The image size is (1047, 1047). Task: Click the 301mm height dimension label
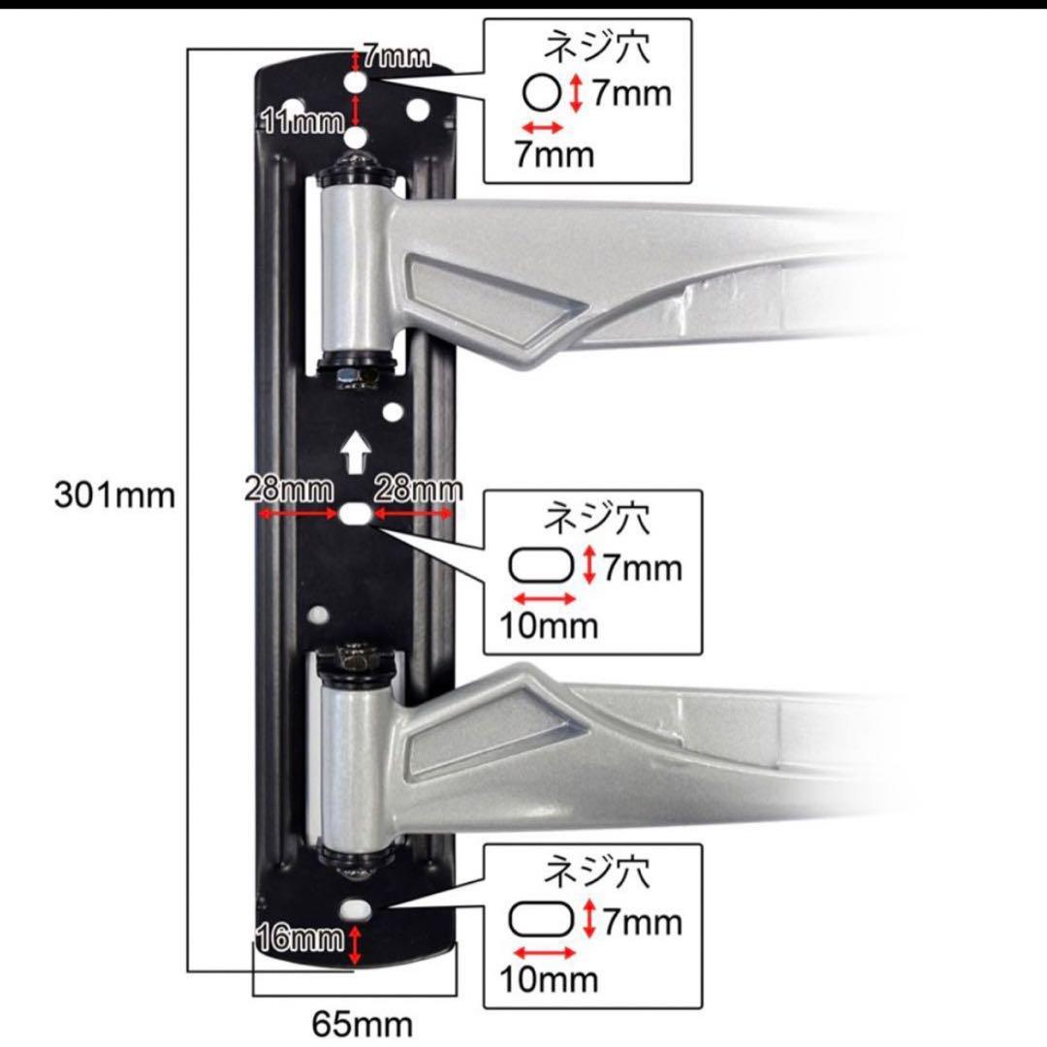pos(114,495)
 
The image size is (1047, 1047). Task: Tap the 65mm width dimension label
pos(362,1024)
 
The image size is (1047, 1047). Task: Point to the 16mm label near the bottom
pos(301,938)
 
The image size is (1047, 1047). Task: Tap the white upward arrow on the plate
pos(355,452)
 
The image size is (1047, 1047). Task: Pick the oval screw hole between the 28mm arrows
pos(355,514)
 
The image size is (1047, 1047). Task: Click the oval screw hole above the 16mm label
pos(355,909)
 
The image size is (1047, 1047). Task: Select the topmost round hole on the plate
pos(355,82)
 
